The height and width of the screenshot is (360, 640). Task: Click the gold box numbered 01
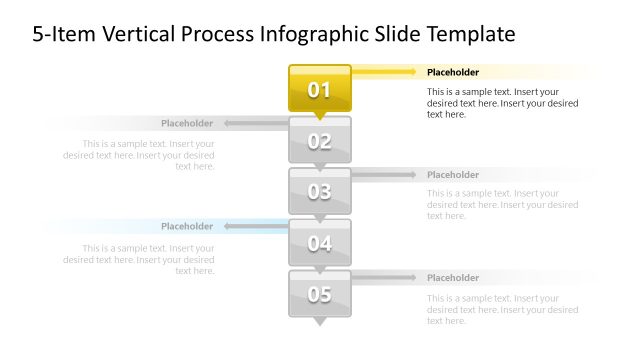(x=319, y=88)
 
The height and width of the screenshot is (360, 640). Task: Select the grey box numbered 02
(x=319, y=140)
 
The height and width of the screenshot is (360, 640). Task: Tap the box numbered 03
(x=319, y=191)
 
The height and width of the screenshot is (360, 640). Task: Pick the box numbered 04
(x=319, y=242)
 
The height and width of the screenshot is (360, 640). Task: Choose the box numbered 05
(x=319, y=294)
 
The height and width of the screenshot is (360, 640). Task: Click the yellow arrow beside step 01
(x=385, y=72)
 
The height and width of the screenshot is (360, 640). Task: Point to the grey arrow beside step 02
(x=256, y=124)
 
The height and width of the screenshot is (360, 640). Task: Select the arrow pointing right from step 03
(x=384, y=175)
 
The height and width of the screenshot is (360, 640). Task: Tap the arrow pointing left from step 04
(x=256, y=227)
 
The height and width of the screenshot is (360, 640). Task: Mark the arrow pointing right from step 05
(x=384, y=278)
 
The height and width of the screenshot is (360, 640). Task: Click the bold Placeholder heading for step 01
(x=453, y=72)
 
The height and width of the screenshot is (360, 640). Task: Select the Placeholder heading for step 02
(x=187, y=124)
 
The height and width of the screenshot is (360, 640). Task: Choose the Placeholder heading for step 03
(x=453, y=175)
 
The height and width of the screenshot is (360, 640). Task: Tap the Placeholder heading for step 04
(x=187, y=227)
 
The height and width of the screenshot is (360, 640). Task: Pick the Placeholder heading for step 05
(x=453, y=278)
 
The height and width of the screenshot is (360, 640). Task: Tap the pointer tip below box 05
(x=320, y=323)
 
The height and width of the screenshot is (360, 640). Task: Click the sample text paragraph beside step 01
(x=502, y=103)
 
